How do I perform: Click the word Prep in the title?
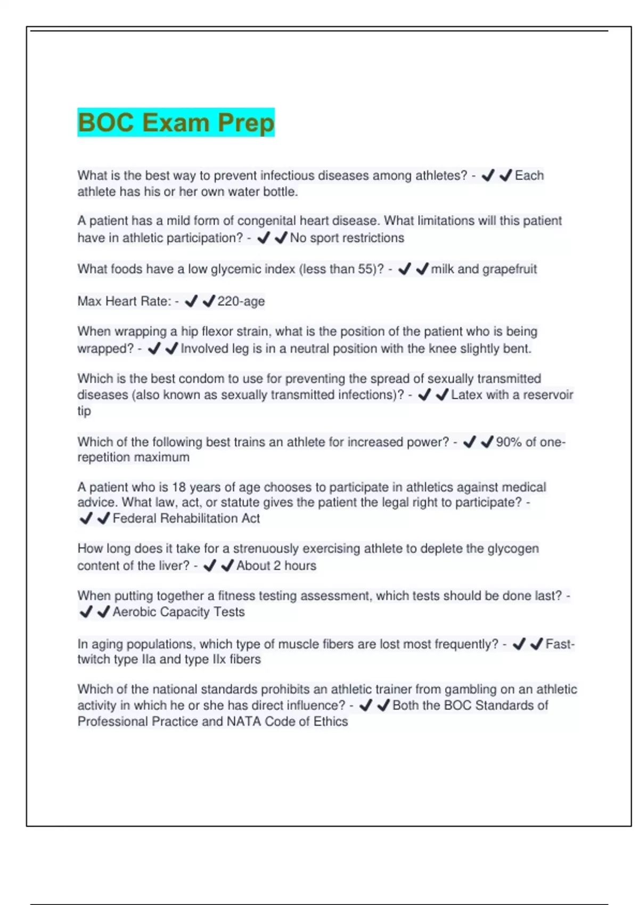246,122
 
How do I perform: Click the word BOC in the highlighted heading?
105,122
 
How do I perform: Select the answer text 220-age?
241,301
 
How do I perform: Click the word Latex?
466,394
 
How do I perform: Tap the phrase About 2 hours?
276,565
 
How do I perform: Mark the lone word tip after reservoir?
84,411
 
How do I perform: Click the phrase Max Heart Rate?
124,301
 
